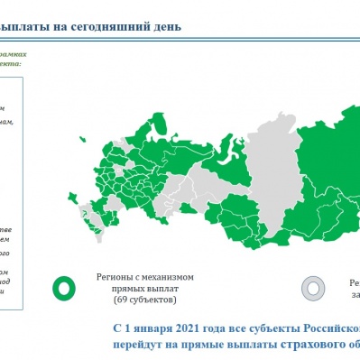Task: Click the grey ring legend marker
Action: tap(313, 287)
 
